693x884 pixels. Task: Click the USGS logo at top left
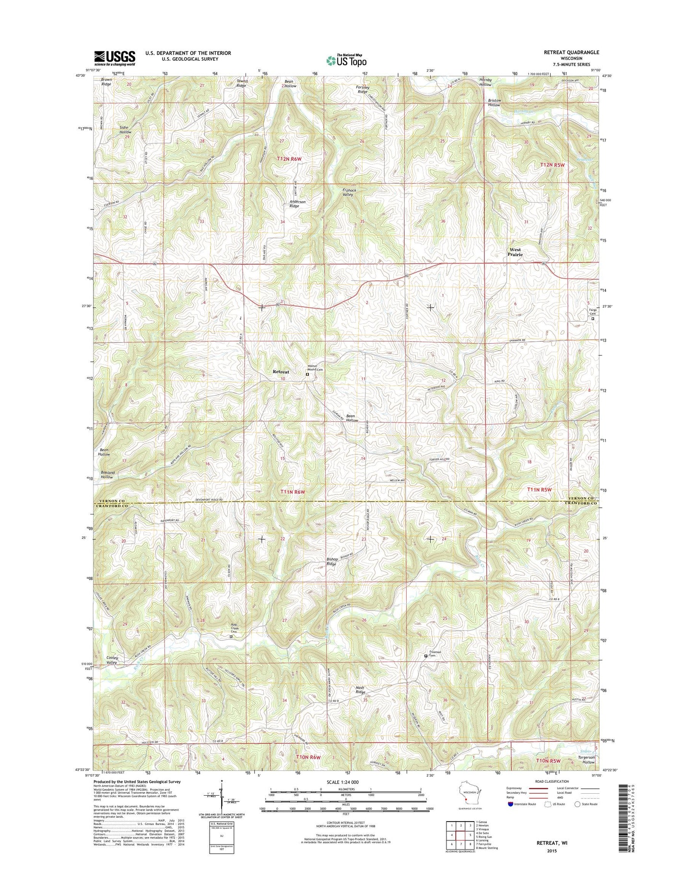(115, 58)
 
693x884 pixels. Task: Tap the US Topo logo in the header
(346, 60)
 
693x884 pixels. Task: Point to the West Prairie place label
(515, 252)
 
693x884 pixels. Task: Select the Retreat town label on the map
(281, 372)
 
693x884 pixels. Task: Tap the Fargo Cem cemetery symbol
(592, 318)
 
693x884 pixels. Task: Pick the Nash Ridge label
(360, 690)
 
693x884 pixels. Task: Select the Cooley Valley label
(111, 660)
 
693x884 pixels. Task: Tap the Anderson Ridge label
(297, 203)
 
